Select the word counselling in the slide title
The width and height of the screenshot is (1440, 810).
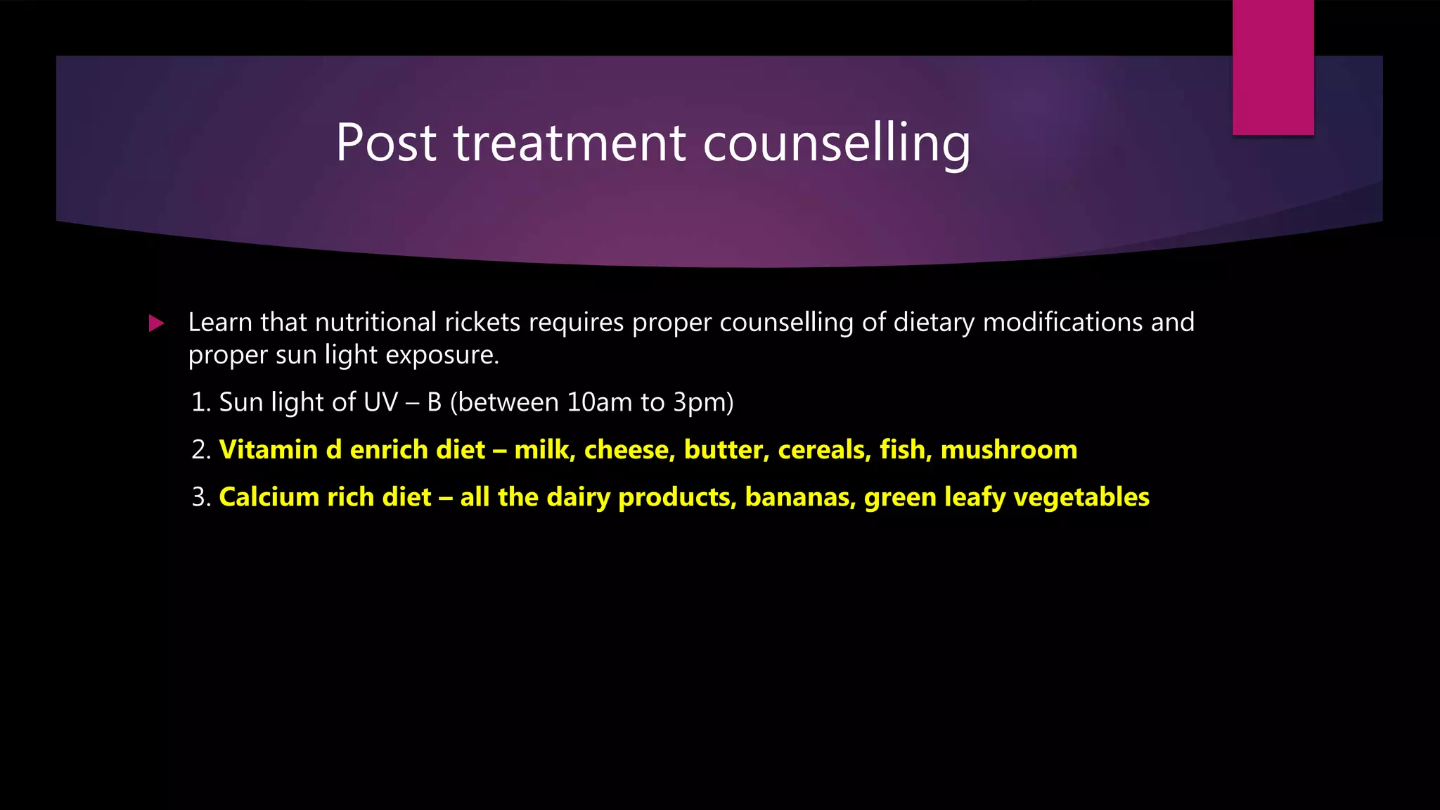point(837,143)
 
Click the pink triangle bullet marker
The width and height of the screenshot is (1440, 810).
point(156,323)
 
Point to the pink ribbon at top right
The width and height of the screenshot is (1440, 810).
point(1273,67)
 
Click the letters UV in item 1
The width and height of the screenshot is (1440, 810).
point(380,402)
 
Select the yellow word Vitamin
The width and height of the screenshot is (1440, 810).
point(268,450)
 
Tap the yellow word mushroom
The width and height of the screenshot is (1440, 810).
point(1009,450)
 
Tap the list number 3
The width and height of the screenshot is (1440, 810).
point(200,497)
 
